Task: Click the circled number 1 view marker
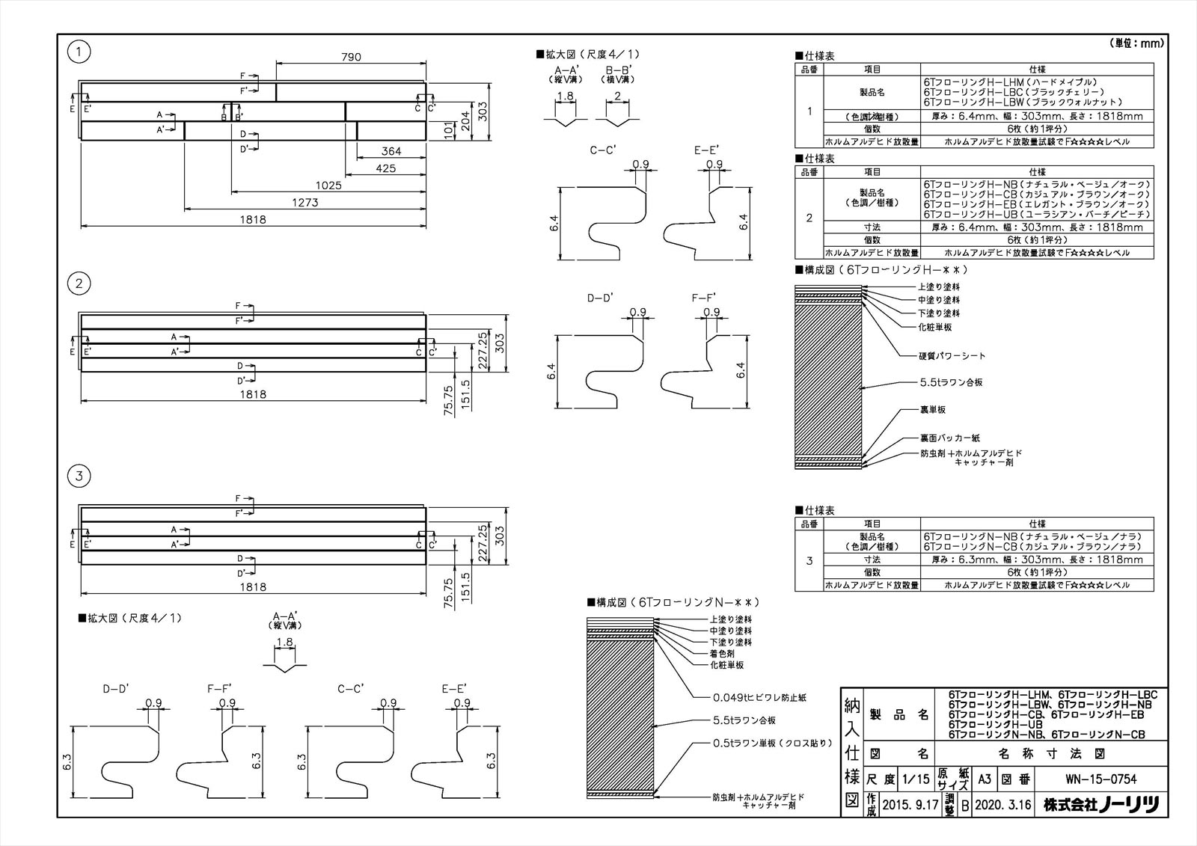pos(79,52)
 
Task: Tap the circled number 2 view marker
pos(79,283)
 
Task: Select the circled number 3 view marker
pos(79,476)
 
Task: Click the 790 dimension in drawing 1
pos(351,57)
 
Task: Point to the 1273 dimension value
pos(305,202)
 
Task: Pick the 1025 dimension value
pos(328,185)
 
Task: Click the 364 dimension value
pos(391,151)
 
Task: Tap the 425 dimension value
pos(386,168)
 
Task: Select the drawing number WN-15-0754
pos(1100,779)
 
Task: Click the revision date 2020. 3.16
pos(1003,805)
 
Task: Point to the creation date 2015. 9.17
pos(910,805)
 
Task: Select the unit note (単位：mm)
pos(1136,43)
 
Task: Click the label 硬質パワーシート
pos(952,355)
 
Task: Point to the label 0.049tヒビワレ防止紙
pos(759,697)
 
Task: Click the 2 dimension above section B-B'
pos(617,96)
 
